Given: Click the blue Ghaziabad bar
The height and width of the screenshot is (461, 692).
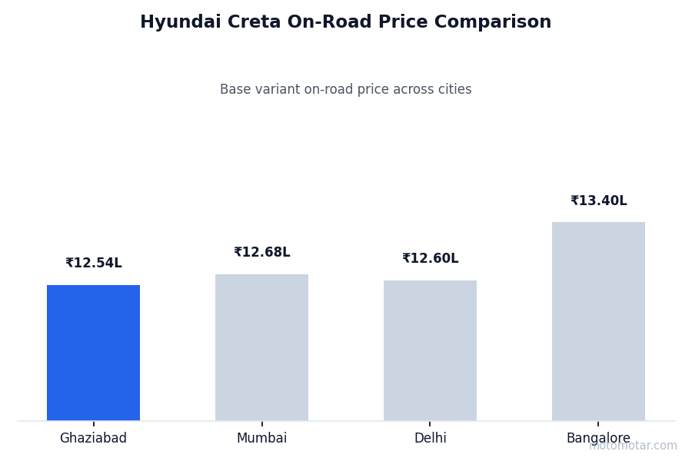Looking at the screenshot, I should coord(93,353).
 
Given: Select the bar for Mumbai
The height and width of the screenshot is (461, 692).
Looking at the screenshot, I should coord(261,347).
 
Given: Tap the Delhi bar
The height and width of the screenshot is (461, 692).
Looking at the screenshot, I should coord(430,350).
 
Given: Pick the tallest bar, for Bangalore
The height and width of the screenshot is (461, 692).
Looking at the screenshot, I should coord(598,321).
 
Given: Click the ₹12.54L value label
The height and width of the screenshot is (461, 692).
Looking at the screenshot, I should coord(93,264).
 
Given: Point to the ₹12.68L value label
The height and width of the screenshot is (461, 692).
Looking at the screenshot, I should coord(261,253).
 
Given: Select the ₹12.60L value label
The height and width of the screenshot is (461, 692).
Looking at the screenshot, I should coord(430,259).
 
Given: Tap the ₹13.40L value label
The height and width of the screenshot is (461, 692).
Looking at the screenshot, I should coord(598,201).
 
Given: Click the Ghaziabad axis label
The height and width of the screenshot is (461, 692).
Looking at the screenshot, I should coord(93,439).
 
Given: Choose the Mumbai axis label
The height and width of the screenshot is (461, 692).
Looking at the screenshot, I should coord(261,439).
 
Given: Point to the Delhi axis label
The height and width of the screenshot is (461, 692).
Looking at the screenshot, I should coord(430,439).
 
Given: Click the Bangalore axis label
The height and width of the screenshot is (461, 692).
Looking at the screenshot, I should coord(598,439).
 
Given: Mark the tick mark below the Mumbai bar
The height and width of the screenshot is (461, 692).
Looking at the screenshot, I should coord(261,423).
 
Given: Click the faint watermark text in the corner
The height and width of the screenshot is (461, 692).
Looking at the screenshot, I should coord(633,446).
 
